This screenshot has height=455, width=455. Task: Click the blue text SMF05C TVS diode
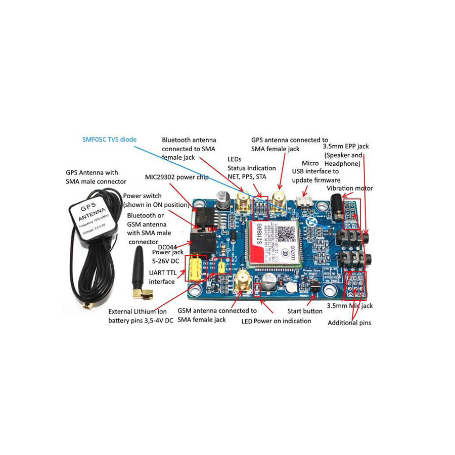pyautogui.click(x=109, y=139)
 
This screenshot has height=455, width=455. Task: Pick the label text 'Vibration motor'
pyautogui.click(x=350, y=189)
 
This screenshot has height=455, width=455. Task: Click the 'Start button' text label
pyautogui.click(x=305, y=311)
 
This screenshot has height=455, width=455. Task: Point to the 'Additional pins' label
pyautogui.click(x=349, y=323)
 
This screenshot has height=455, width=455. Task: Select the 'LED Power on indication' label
pyautogui.click(x=276, y=321)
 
